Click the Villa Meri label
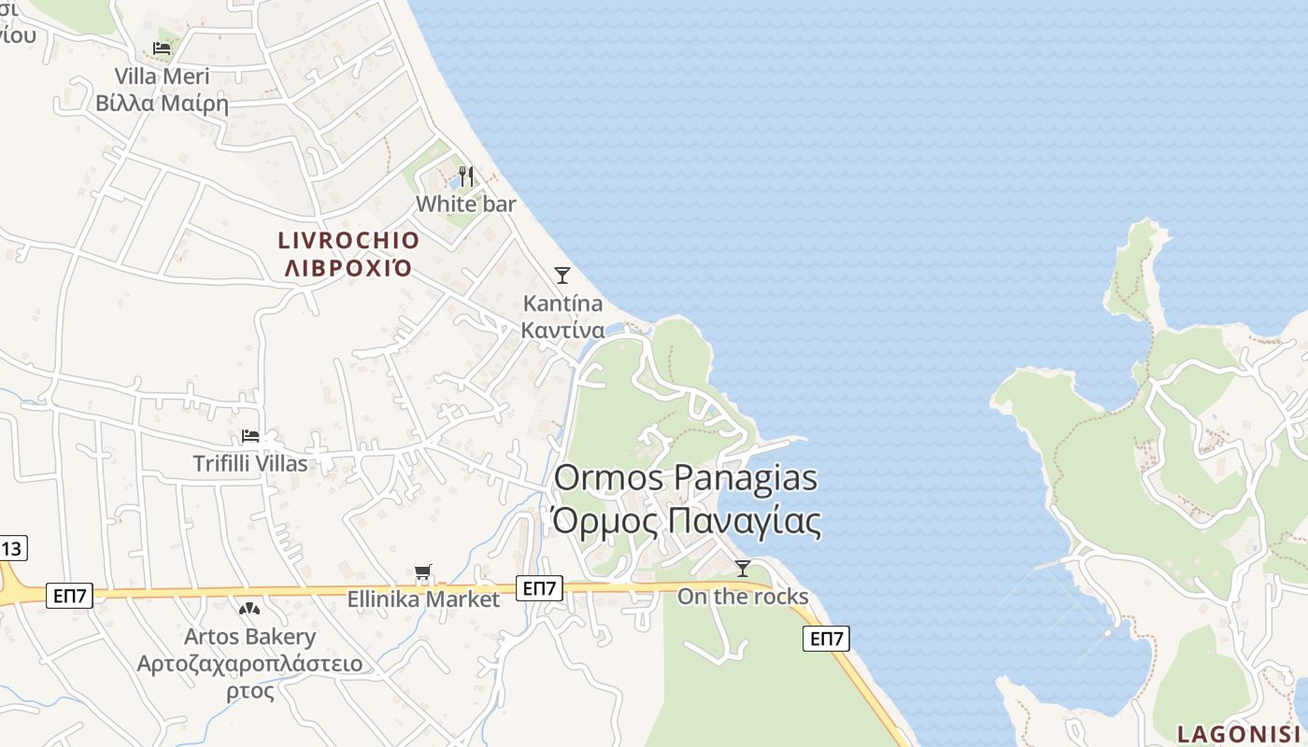tap(163, 77)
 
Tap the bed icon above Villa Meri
tap(163, 48)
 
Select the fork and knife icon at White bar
tap(466, 176)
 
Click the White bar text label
tap(466, 204)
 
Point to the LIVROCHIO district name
tap(349, 241)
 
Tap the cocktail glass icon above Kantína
tap(562, 275)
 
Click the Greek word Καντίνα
tap(562, 331)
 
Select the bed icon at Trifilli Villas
tap(250, 436)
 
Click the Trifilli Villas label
tap(250, 463)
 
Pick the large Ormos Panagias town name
tap(686, 478)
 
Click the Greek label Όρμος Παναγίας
tap(686, 521)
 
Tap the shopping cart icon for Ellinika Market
tap(423, 572)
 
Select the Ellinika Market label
tap(423, 599)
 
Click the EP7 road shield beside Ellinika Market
tap(541, 588)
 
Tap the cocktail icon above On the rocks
tap(743, 568)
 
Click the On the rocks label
tap(743, 597)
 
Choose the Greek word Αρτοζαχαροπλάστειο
tap(249, 665)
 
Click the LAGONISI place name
tap(1238, 734)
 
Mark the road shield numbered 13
tap(13, 548)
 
